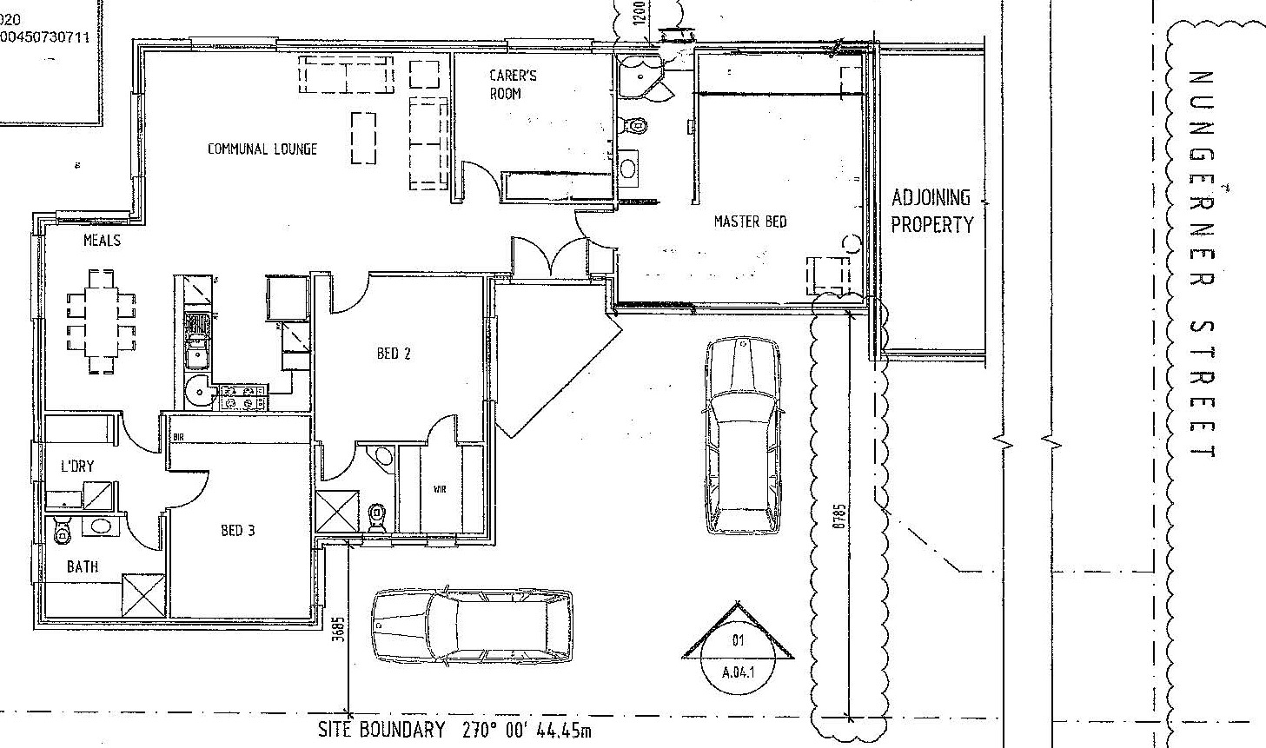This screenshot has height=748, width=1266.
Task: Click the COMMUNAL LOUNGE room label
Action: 262,149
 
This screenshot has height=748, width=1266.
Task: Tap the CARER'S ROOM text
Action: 513,84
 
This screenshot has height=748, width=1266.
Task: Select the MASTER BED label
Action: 750,222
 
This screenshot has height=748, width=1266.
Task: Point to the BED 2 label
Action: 394,353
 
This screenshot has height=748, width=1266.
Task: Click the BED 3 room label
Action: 237,529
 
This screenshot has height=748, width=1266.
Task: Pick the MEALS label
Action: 102,240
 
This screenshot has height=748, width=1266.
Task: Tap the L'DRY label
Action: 76,467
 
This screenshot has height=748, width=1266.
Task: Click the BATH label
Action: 83,566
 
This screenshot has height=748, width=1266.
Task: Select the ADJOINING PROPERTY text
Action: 931,211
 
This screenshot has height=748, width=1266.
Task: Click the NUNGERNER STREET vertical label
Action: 1203,265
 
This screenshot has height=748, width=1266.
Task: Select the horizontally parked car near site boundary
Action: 472,626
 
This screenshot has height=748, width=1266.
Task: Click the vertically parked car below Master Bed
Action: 740,434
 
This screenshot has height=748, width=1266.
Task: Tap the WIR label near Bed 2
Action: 440,491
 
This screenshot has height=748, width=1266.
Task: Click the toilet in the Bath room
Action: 62,530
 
